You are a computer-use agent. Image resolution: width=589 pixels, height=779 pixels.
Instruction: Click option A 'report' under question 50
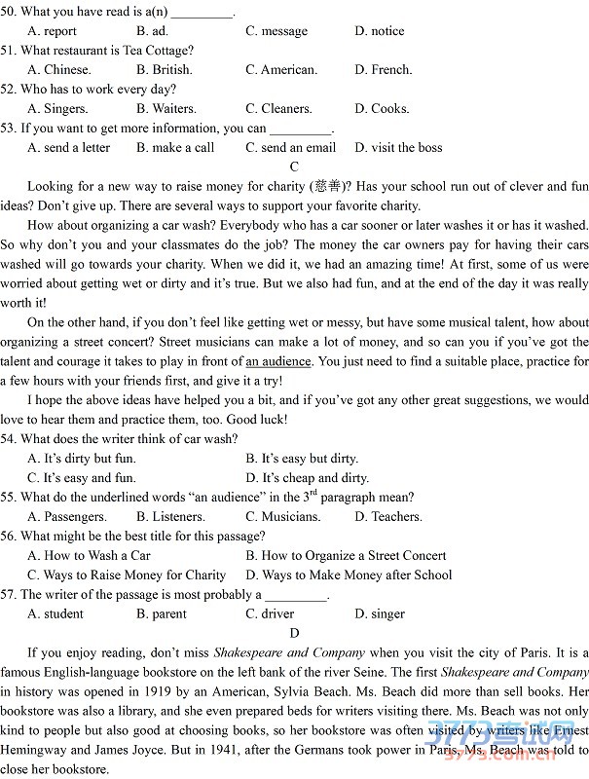(x=53, y=31)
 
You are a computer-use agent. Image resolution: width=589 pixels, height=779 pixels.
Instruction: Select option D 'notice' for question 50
(x=380, y=31)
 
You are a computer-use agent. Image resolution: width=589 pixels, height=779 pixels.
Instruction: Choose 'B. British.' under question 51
(x=165, y=70)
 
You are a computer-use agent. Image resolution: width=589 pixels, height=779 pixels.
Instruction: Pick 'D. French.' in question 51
(x=384, y=70)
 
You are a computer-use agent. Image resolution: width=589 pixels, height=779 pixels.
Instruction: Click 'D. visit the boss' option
(x=398, y=148)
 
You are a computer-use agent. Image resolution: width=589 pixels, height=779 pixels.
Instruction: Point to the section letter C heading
(x=294, y=167)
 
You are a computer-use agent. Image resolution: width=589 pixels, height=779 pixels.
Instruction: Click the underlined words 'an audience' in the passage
(x=278, y=361)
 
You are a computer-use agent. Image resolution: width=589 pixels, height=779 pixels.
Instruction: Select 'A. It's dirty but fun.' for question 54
(x=82, y=459)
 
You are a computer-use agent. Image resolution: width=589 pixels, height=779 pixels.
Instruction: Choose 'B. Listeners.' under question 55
(x=170, y=517)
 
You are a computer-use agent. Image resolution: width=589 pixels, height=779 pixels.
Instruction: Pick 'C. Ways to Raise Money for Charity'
(x=127, y=575)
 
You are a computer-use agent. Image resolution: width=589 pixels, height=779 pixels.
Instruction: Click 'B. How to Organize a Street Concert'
(x=346, y=556)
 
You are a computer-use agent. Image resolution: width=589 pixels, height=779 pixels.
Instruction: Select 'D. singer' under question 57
(x=380, y=614)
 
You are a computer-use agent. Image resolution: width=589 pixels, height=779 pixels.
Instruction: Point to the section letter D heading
(x=294, y=633)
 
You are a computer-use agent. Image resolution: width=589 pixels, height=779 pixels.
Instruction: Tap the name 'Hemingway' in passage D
(x=37, y=750)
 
